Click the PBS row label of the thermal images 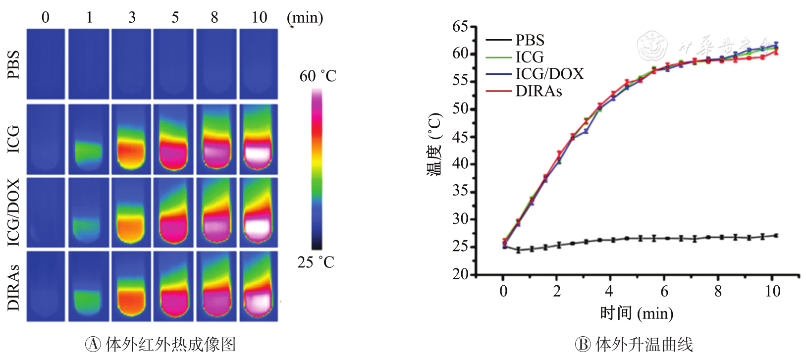point(13,64)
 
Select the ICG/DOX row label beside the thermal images point(13,212)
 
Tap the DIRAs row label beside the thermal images point(13,287)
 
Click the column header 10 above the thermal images point(259,17)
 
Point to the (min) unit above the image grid point(305,18)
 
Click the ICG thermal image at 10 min point(259,139)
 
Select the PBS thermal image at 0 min point(46,64)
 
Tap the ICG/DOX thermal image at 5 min point(174,212)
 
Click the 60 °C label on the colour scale point(318,76)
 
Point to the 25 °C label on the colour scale point(316,262)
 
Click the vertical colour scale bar point(317,169)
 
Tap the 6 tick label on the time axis point(664,291)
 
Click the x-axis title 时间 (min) point(637,313)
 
